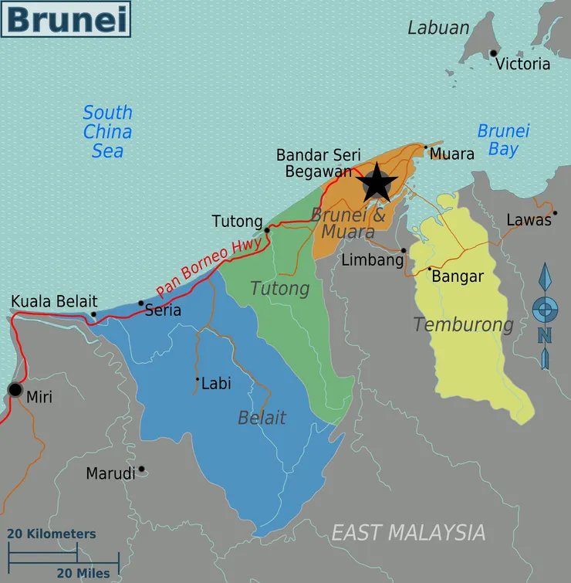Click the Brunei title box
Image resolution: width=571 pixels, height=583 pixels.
pos(66,19)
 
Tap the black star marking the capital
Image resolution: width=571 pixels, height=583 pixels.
pos(377,184)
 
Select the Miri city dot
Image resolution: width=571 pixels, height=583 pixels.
pos(15,390)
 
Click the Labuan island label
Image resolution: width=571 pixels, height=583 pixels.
pos(438,28)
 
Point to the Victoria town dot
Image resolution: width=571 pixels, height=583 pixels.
pos(493,53)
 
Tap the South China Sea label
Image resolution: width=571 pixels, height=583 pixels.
pos(107,131)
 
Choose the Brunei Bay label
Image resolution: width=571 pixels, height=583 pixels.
pos(503,140)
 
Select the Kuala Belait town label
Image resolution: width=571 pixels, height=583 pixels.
pos(54,301)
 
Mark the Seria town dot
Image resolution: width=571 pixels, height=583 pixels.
pos(140,303)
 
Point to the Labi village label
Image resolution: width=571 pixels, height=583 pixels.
pos(216,382)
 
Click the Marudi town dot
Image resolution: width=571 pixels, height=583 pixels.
pos(141,469)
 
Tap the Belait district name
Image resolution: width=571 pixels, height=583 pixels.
pos(262,418)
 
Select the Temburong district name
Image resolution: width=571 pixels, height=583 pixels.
pos(463,324)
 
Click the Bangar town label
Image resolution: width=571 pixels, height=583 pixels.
pos(458,276)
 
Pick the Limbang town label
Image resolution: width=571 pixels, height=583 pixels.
pos(372,260)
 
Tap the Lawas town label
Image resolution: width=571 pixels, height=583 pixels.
pos(529,220)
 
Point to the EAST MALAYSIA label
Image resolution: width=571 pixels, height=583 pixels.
pos(408,532)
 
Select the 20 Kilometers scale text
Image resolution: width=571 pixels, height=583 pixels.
pos(52,534)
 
